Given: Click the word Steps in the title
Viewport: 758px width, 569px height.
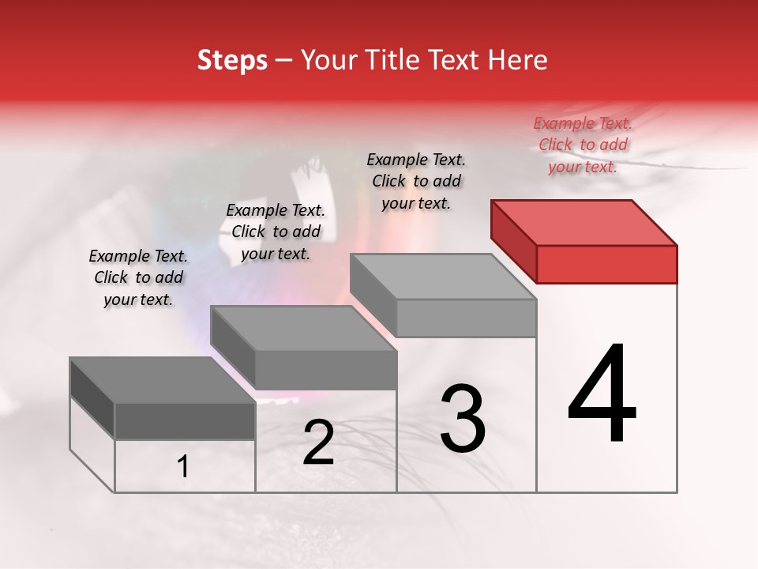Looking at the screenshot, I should click(x=232, y=61).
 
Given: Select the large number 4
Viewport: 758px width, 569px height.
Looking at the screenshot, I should click(x=602, y=394).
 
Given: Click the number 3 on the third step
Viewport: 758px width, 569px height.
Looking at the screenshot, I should click(x=463, y=419).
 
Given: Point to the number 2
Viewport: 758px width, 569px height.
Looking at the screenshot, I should click(x=318, y=443).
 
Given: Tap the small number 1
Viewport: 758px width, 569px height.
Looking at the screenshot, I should click(x=183, y=467).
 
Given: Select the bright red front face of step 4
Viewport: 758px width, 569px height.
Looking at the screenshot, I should click(x=606, y=264).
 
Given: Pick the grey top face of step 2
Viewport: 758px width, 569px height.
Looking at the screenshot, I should click(x=304, y=328).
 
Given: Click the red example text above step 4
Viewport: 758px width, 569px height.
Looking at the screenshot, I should click(x=583, y=145).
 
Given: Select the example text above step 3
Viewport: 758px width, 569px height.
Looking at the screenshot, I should click(x=416, y=181).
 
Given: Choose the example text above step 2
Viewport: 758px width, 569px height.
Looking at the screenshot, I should click(x=276, y=232).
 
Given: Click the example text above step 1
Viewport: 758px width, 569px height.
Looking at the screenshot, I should click(x=138, y=277).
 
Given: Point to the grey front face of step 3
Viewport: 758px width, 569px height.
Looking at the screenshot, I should click(x=466, y=318).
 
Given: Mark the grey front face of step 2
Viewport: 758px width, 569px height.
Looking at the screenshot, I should click(x=325, y=370).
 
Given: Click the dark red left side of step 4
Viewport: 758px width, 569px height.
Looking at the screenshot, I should click(x=513, y=241).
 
